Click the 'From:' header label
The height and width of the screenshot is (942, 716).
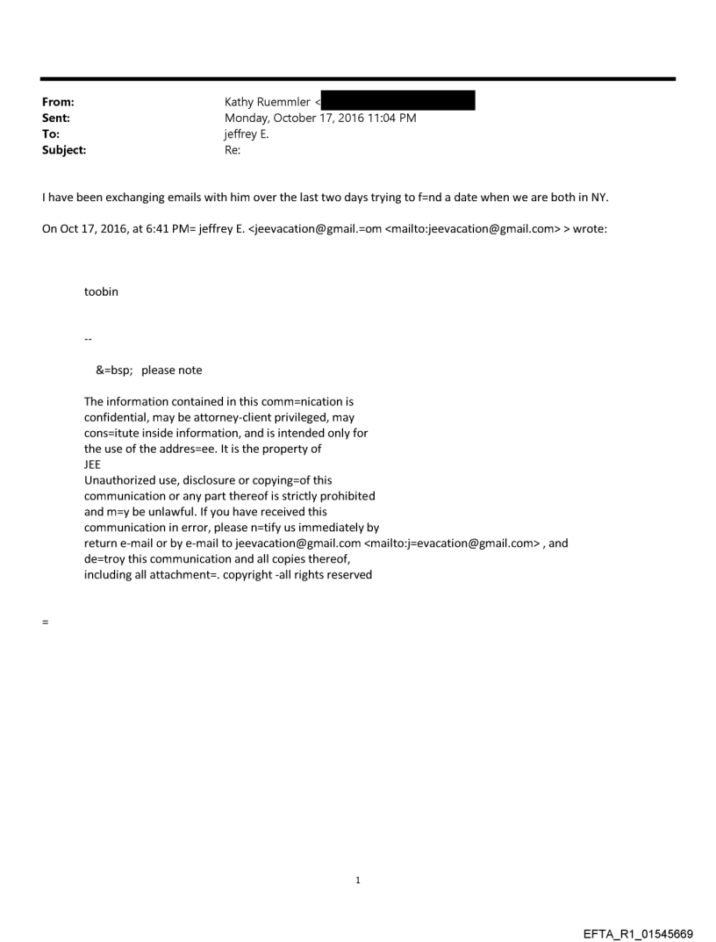56,103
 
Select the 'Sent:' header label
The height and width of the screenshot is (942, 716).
54,119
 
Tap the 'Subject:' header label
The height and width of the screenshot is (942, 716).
62,150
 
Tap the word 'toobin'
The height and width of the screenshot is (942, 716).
101,292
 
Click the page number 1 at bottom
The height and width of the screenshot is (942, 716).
358,880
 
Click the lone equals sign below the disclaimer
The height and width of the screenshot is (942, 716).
45,622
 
